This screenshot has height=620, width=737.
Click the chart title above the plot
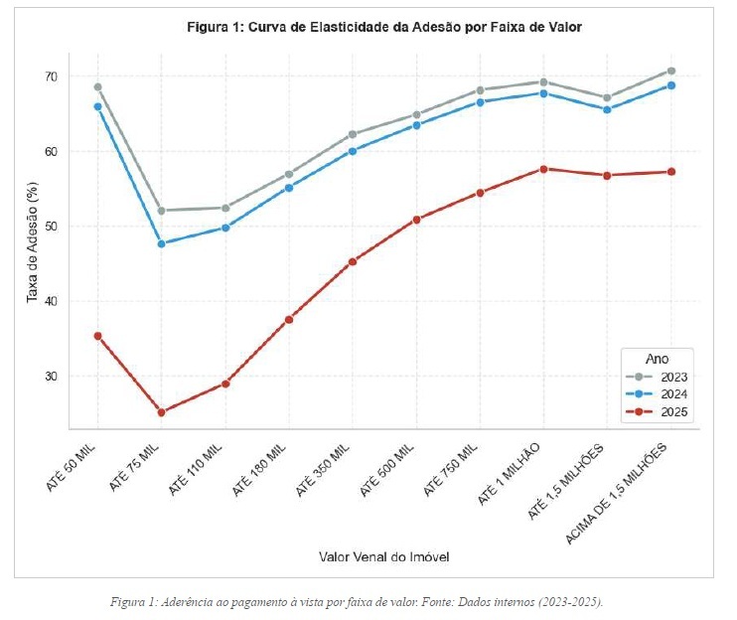point(384,28)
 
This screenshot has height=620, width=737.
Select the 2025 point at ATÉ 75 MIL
point(161,412)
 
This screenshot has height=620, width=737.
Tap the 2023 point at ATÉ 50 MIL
point(97,86)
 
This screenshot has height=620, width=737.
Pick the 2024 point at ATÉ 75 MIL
point(161,243)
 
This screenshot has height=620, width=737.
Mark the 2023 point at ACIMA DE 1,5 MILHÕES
point(671,71)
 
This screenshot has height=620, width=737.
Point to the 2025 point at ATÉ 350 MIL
point(352,261)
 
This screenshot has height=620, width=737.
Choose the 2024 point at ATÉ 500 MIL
point(416,125)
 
